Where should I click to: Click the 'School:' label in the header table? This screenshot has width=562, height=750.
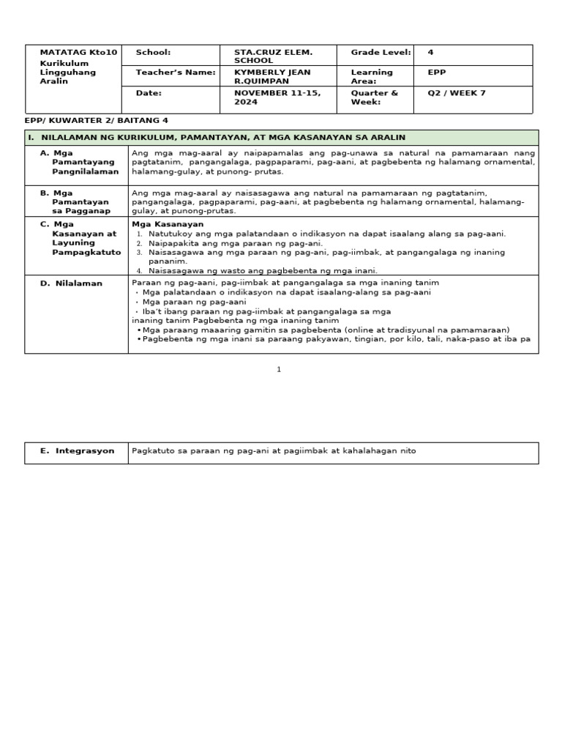click(x=153, y=53)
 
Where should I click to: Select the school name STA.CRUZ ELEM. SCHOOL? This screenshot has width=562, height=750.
click(x=272, y=56)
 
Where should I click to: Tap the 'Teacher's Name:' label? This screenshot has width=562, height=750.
click(x=176, y=73)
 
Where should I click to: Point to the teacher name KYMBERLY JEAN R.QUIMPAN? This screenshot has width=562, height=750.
click(x=272, y=77)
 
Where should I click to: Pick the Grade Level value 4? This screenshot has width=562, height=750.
click(x=430, y=53)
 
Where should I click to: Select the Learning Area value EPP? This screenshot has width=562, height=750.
click(x=436, y=73)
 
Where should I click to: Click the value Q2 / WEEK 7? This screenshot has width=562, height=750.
click(x=456, y=93)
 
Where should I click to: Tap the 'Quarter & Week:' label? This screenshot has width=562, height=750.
click(x=374, y=97)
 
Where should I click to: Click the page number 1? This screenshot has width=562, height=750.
click(x=279, y=370)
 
